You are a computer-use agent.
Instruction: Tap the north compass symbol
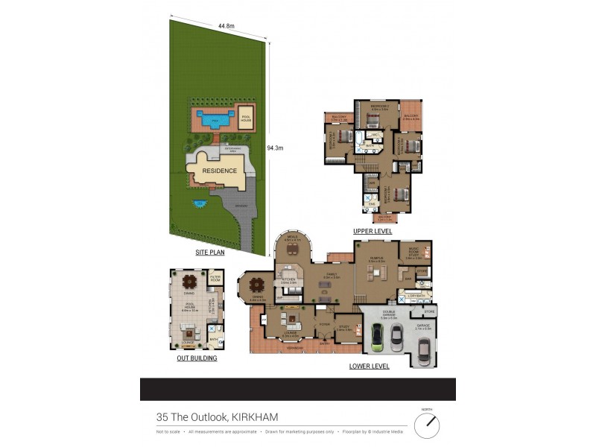coord(427,425)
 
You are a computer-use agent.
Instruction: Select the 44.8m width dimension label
coord(226,26)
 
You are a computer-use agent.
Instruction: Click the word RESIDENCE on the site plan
coord(220,171)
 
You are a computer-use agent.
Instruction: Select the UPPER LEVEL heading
coord(372,232)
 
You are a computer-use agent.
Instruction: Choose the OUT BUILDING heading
coord(197,358)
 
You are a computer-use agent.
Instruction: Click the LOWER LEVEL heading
coord(369,366)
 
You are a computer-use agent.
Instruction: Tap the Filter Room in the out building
coord(215,279)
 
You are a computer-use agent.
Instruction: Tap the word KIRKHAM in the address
coord(255,417)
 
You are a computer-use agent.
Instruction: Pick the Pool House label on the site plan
coord(245,118)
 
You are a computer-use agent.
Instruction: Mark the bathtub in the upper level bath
coord(359,139)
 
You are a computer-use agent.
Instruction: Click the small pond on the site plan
coord(198,203)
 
